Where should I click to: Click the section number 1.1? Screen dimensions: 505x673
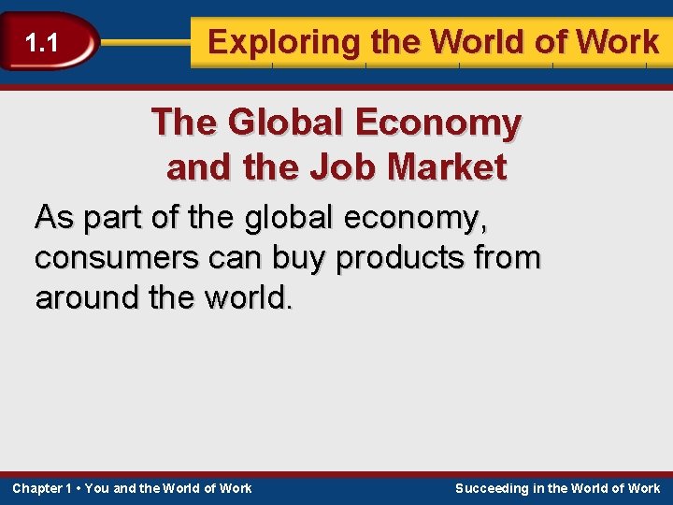tap(42, 43)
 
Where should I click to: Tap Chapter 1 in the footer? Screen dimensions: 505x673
tap(42, 488)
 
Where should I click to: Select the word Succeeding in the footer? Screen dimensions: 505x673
tap(493, 488)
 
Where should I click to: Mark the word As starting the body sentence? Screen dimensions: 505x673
tap(52, 218)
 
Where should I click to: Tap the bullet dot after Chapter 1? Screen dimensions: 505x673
tap(79, 488)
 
